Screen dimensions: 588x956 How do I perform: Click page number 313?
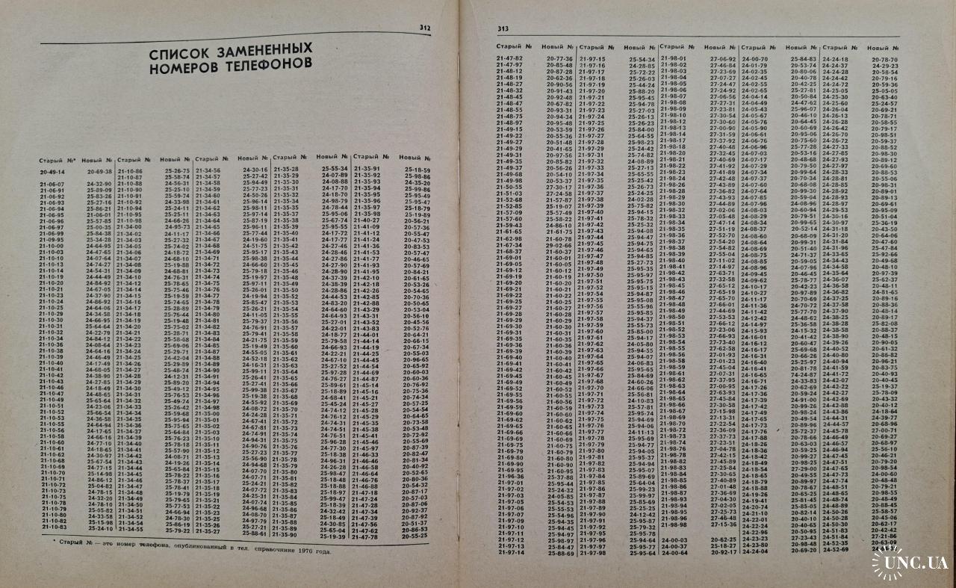point(503,28)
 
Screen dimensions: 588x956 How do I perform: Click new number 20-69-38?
point(99,171)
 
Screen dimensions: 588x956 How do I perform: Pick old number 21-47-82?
point(509,58)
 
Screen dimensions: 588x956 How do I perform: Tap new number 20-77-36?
point(559,58)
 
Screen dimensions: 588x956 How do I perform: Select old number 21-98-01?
point(673,58)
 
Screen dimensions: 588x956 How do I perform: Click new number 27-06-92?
point(722,58)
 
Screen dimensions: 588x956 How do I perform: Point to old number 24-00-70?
point(754,58)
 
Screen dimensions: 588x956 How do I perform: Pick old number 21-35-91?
point(366,169)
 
